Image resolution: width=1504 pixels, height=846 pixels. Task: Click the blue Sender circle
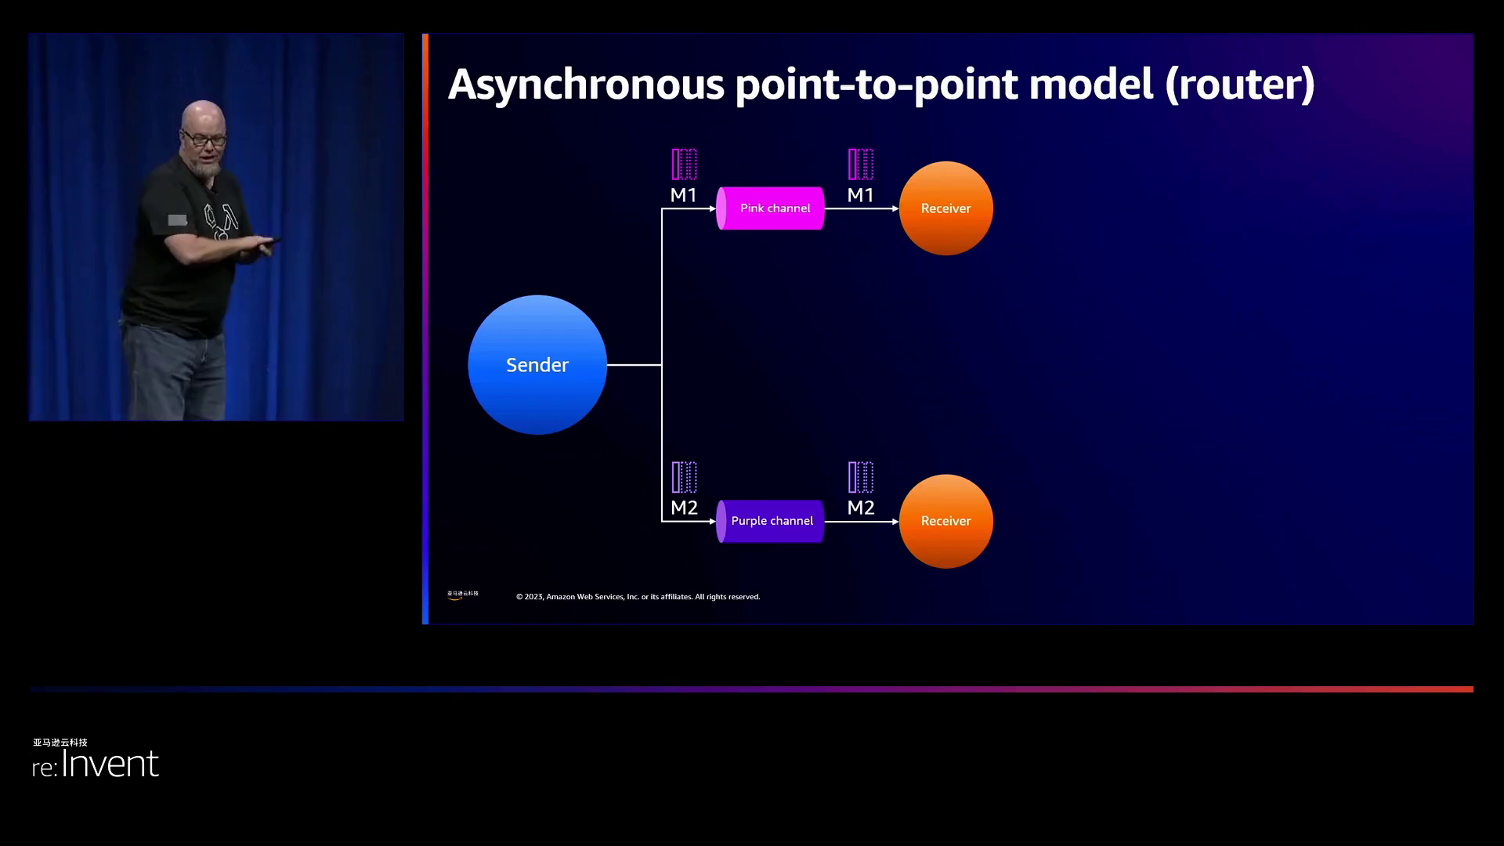(537, 364)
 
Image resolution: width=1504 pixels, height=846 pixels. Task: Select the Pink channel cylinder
(771, 208)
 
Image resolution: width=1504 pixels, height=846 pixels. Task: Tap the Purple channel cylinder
(771, 521)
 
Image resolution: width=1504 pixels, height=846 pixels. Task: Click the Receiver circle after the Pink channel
(945, 208)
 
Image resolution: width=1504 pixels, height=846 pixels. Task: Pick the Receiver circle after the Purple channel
(945, 521)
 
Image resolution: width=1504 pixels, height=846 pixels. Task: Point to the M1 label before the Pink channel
(683, 195)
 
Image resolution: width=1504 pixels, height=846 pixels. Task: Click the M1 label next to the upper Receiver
(860, 195)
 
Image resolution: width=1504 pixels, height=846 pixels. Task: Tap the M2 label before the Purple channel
(684, 508)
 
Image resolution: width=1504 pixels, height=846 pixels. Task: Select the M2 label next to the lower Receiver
(860, 508)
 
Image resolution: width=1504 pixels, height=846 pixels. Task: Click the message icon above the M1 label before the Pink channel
(684, 164)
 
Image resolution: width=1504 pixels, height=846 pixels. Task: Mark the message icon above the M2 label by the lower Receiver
(860, 477)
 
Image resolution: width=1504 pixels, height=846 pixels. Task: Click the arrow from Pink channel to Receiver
(861, 208)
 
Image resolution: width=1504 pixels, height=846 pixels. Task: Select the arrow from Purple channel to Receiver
(861, 521)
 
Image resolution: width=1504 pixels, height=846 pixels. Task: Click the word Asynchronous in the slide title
(586, 85)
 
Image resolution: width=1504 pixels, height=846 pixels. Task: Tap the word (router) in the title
(1239, 85)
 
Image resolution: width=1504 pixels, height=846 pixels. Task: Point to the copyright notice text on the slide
(638, 597)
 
